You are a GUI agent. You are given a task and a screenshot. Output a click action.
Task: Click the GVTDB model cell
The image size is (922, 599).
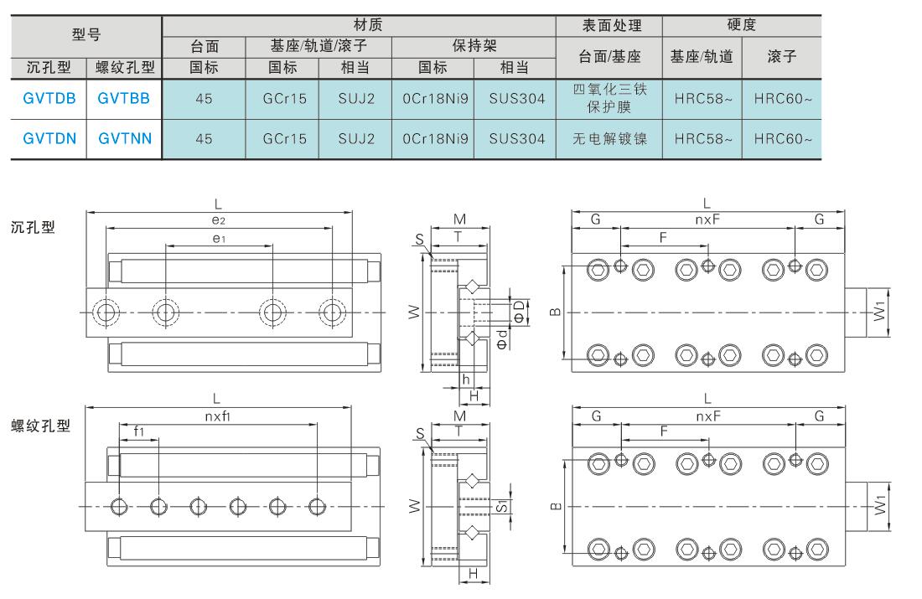pos(49,99)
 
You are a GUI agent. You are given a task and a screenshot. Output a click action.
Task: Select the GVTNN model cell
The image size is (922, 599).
pos(125,139)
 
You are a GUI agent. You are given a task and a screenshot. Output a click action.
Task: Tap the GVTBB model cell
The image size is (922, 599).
pos(123,99)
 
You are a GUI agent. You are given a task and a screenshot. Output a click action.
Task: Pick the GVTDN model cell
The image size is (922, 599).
pos(49,139)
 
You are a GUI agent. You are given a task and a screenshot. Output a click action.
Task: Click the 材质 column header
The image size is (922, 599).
pos(368,24)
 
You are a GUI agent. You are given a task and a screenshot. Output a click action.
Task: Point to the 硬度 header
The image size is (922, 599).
pos(742,24)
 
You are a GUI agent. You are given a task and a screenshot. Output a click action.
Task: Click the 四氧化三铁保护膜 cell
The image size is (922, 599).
pos(609,98)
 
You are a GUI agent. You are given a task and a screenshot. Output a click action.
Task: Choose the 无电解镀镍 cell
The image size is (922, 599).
pos(609,139)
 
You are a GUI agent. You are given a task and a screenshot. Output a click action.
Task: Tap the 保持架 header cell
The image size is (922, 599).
pos(474,46)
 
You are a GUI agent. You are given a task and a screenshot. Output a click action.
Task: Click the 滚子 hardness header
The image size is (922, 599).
pos(781,56)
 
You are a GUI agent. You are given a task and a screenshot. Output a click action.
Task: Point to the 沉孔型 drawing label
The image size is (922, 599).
pos(33,227)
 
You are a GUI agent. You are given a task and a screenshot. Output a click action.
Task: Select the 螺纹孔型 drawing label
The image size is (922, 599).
pos(40,426)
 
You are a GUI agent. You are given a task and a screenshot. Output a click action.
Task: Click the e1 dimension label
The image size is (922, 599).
pos(219,238)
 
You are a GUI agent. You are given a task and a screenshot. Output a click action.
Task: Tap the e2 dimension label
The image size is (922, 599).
pos(219,219)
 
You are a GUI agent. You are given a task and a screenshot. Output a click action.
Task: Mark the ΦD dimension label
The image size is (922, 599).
pos(519,312)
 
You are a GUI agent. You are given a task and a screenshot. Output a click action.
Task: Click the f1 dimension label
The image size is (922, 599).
pos(139,431)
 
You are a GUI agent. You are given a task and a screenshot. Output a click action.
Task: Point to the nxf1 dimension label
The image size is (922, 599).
pos(218,416)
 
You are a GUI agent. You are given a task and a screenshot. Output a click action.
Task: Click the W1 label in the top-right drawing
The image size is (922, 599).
pos(879,311)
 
